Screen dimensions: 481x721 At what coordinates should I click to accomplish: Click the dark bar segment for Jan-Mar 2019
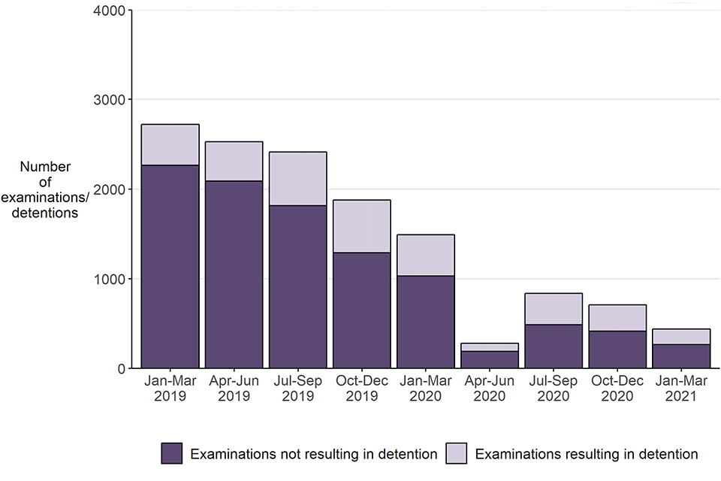(170, 267)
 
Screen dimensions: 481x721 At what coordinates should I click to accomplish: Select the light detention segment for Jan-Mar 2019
(170, 144)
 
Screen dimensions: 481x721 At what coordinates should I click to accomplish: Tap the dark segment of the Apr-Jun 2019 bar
(234, 274)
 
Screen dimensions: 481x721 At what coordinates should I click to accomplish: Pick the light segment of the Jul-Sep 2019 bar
(298, 179)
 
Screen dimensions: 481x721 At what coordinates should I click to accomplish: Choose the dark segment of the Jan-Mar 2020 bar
(426, 322)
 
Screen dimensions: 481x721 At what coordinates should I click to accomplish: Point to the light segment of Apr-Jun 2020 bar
(490, 347)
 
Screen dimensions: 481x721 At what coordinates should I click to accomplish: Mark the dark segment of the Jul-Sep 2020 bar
(554, 346)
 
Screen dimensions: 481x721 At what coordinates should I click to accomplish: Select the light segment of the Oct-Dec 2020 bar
(617, 318)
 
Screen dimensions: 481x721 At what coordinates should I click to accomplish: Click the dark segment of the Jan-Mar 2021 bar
(681, 356)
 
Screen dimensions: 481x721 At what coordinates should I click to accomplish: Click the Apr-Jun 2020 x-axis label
(490, 389)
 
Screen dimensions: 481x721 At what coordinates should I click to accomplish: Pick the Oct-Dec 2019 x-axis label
(362, 389)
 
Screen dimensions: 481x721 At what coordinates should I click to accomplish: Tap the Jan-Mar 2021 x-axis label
(681, 389)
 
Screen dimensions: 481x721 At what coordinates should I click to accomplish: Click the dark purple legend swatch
(171, 453)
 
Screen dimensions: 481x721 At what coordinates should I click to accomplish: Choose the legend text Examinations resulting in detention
(587, 454)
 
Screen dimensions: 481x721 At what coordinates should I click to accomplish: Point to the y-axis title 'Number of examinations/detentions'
(50, 189)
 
